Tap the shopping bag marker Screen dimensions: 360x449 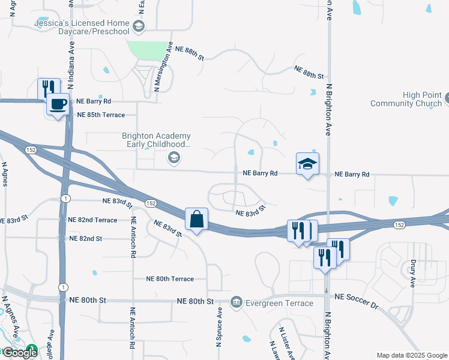196,220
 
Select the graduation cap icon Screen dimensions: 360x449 307,164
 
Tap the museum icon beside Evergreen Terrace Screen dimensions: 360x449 236,301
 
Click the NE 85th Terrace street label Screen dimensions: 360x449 100,115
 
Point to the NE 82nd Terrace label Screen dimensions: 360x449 92,220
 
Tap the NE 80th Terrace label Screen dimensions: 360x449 170,279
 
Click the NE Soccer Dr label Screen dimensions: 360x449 357,301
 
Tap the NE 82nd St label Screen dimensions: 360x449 85,238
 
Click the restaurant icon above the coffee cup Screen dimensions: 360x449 47,89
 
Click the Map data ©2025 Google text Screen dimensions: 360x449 412,355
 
